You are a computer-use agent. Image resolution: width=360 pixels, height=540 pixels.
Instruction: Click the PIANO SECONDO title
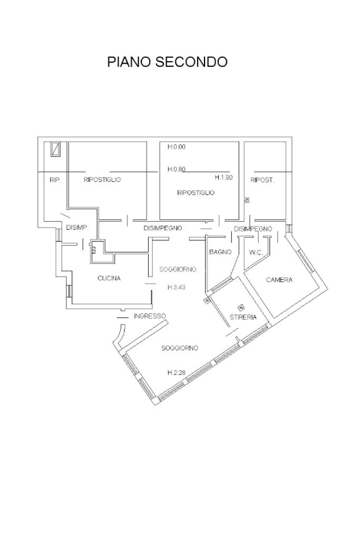168,62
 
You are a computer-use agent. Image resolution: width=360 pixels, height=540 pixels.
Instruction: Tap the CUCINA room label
109,278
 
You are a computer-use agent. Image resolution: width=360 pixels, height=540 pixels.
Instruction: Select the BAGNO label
220,252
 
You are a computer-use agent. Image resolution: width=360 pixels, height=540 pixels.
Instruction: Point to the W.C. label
256,252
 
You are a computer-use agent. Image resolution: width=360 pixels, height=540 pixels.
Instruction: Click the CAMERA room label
279,280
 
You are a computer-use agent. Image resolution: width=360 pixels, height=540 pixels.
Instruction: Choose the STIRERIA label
243,317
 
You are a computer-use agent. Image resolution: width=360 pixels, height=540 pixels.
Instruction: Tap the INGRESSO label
150,316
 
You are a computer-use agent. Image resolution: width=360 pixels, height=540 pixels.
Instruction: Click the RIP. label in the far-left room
55,180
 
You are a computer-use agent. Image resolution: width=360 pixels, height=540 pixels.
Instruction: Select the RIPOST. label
262,180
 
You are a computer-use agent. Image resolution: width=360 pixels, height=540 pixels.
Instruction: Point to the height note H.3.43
177,287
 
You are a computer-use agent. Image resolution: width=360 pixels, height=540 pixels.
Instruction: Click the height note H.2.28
177,372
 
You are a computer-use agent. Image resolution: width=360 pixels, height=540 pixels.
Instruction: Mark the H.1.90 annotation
224,178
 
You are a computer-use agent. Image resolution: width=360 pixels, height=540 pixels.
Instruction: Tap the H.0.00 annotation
177,146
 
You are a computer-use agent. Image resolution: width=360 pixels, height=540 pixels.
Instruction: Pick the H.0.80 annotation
177,169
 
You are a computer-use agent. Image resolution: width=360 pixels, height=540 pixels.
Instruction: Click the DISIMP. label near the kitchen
77,228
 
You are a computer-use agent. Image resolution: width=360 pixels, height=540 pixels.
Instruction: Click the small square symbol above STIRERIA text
241,306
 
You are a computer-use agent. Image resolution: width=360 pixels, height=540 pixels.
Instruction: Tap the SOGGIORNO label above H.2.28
180,348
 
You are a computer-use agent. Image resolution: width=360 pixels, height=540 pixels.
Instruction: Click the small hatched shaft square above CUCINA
94,250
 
